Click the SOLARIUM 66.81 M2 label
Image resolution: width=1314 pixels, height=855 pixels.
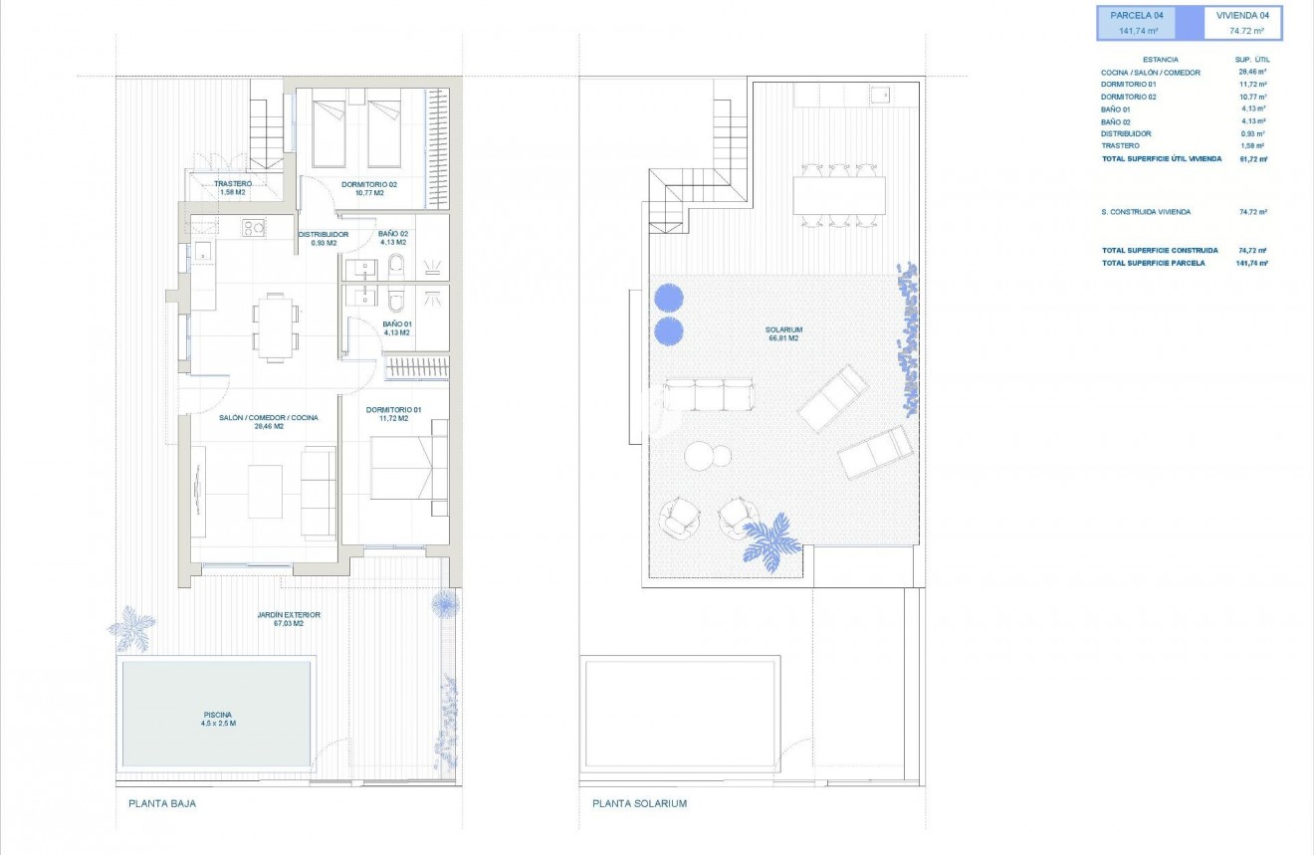click(x=784, y=333)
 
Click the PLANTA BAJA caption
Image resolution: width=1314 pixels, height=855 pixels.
click(x=162, y=803)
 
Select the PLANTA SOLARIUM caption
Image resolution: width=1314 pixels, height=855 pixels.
click(x=639, y=803)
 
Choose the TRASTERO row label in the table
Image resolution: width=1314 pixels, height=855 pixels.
click(x=1120, y=145)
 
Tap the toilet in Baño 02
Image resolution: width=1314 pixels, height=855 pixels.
click(x=395, y=264)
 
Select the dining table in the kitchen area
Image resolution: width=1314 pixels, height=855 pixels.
click(x=274, y=325)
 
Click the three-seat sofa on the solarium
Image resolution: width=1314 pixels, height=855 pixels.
click(x=710, y=394)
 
